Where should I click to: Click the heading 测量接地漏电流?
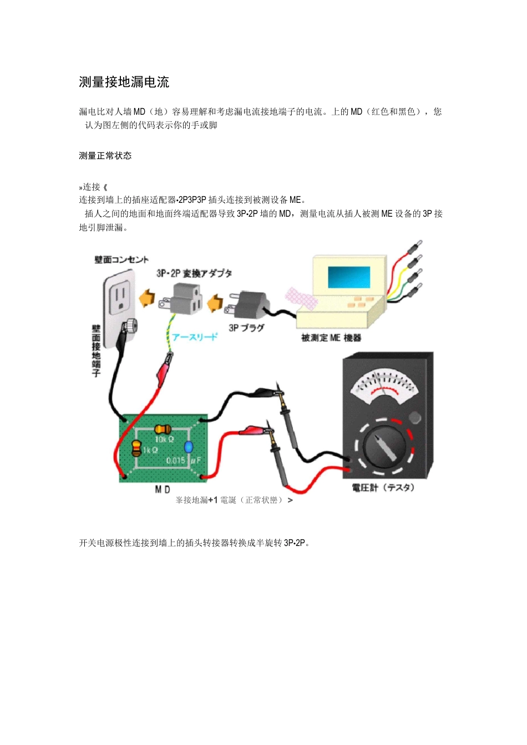click(124, 83)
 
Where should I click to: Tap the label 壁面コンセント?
click(121, 259)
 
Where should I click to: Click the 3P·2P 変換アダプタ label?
click(194, 273)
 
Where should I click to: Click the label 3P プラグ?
click(246, 328)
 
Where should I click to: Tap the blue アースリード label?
click(194, 337)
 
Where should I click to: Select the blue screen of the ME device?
click(349, 277)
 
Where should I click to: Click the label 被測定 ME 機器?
click(331, 338)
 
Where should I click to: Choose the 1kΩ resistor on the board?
click(136, 448)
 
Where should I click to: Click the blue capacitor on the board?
click(189, 447)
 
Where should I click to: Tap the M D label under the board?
click(163, 489)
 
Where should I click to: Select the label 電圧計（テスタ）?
click(383, 488)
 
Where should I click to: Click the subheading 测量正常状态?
click(105, 156)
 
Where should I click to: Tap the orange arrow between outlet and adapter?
click(147, 299)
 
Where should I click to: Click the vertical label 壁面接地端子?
click(96, 350)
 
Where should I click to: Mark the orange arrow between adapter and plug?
click(215, 303)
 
